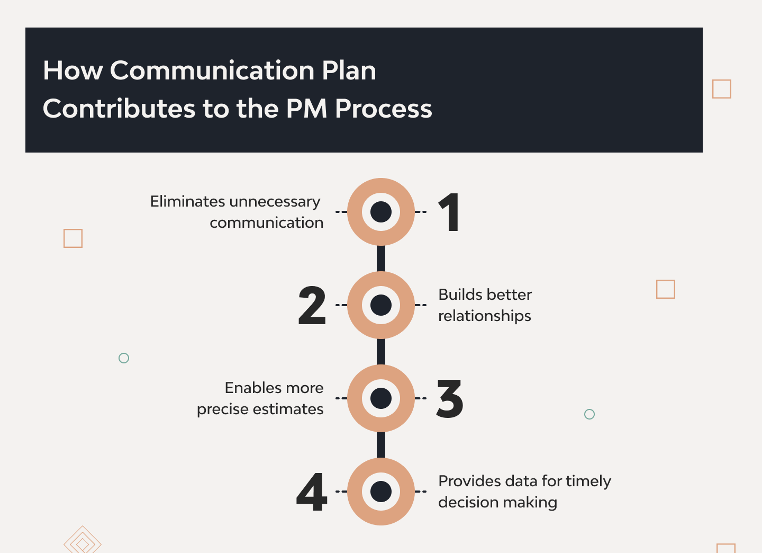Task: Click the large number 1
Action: coord(449,212)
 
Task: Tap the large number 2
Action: coord(312,305)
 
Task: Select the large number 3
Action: coord(449,398)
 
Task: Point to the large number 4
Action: coord(312,492)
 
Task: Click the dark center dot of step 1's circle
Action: coord(381,212)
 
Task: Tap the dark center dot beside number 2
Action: coord(381,305)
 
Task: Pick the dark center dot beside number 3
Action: coord(381,398)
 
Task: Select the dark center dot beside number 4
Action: coord(381,492)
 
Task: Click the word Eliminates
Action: coord(187,201)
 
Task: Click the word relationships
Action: coord(484,317)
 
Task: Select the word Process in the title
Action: coord(383,109)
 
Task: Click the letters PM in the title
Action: coord(307,109)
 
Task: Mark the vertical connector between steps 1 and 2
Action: coord(381,258)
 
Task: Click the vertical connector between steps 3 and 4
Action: coord(381,445)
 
